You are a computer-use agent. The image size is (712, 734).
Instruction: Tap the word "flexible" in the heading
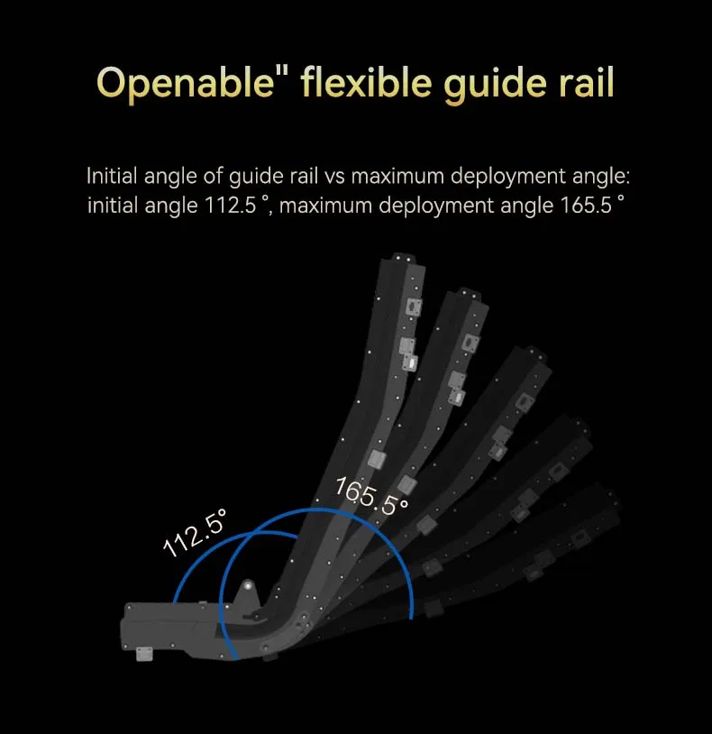coord(366,82)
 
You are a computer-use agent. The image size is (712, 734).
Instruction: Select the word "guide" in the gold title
coord(495,84)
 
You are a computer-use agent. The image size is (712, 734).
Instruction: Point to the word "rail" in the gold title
coord(586,82)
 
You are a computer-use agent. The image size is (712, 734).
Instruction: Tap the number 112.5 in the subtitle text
coord(231,205)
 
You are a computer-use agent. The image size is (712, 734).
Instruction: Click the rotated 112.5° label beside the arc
coord(195,533)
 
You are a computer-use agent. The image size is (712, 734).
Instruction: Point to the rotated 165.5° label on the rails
coord(371,496)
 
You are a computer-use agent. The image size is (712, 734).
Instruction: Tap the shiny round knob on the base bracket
coord(248,585)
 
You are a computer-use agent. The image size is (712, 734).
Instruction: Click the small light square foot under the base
coord(144,654)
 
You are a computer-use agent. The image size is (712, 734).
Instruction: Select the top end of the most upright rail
coord(403,258)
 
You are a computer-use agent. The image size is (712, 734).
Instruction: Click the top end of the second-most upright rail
coord(469,293)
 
